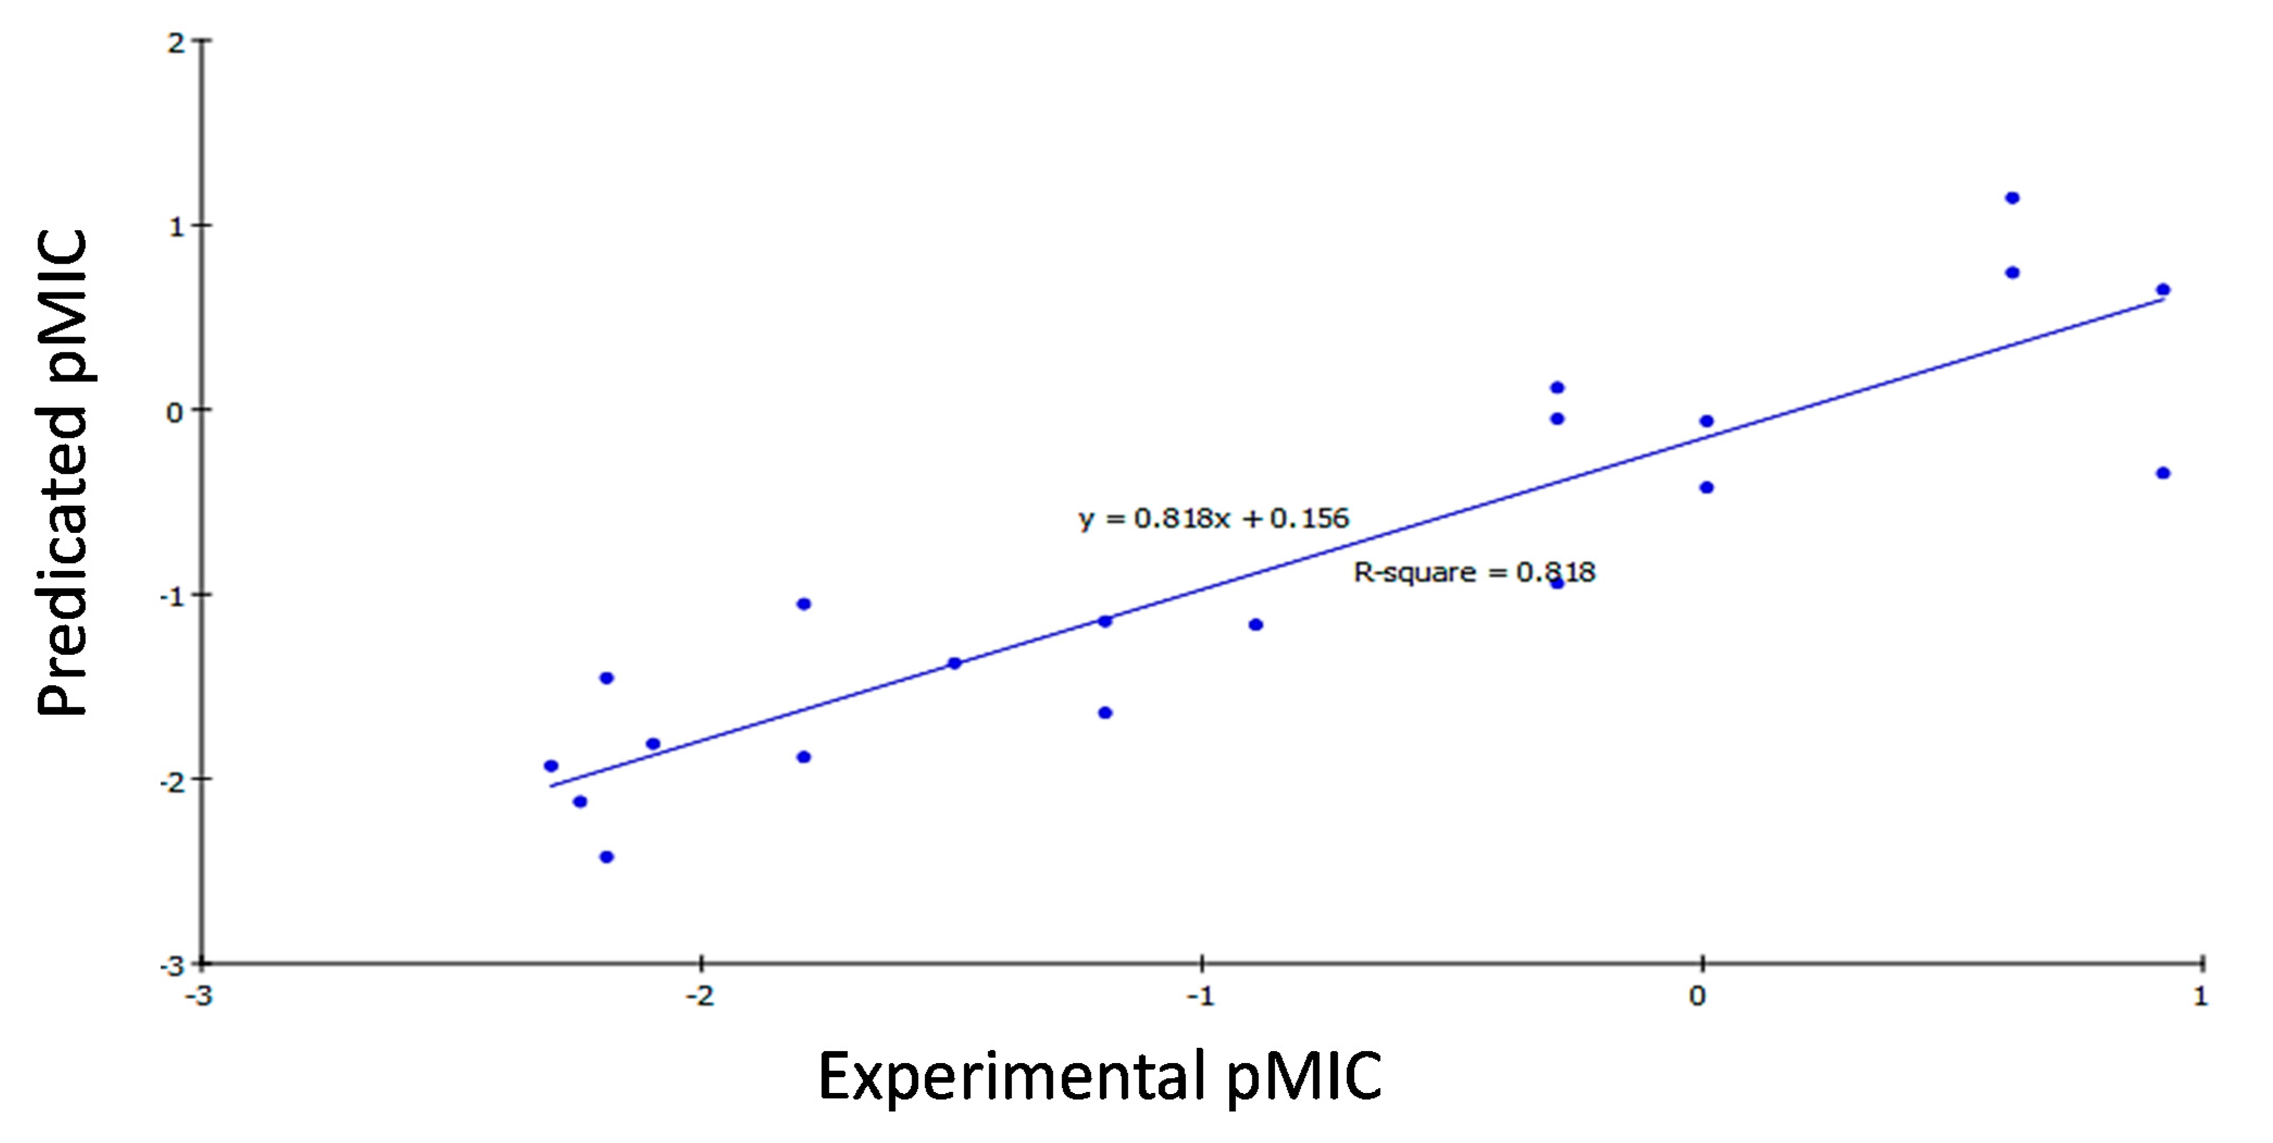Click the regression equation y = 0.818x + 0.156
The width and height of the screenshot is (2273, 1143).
pyautogui.click(x=1213, y=518)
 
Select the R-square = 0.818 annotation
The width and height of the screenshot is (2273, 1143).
pyautogui.click(x=1473, y=573)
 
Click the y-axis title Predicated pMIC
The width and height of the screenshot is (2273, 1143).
pyautogui.click(x=64, y=472)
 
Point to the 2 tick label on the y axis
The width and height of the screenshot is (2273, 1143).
pyautogui.click(x=177, y=42)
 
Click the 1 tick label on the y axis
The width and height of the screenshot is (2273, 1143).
pyautogui.click(x=177, y=227)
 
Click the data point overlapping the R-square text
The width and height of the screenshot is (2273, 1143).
pyautogui.click(x=1557, y=582)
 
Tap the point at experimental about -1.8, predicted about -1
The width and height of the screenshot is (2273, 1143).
pyautogui.click(x=803, y=604)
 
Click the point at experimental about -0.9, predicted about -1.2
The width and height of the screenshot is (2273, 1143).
pyautogui.click(x=1256, y=625)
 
